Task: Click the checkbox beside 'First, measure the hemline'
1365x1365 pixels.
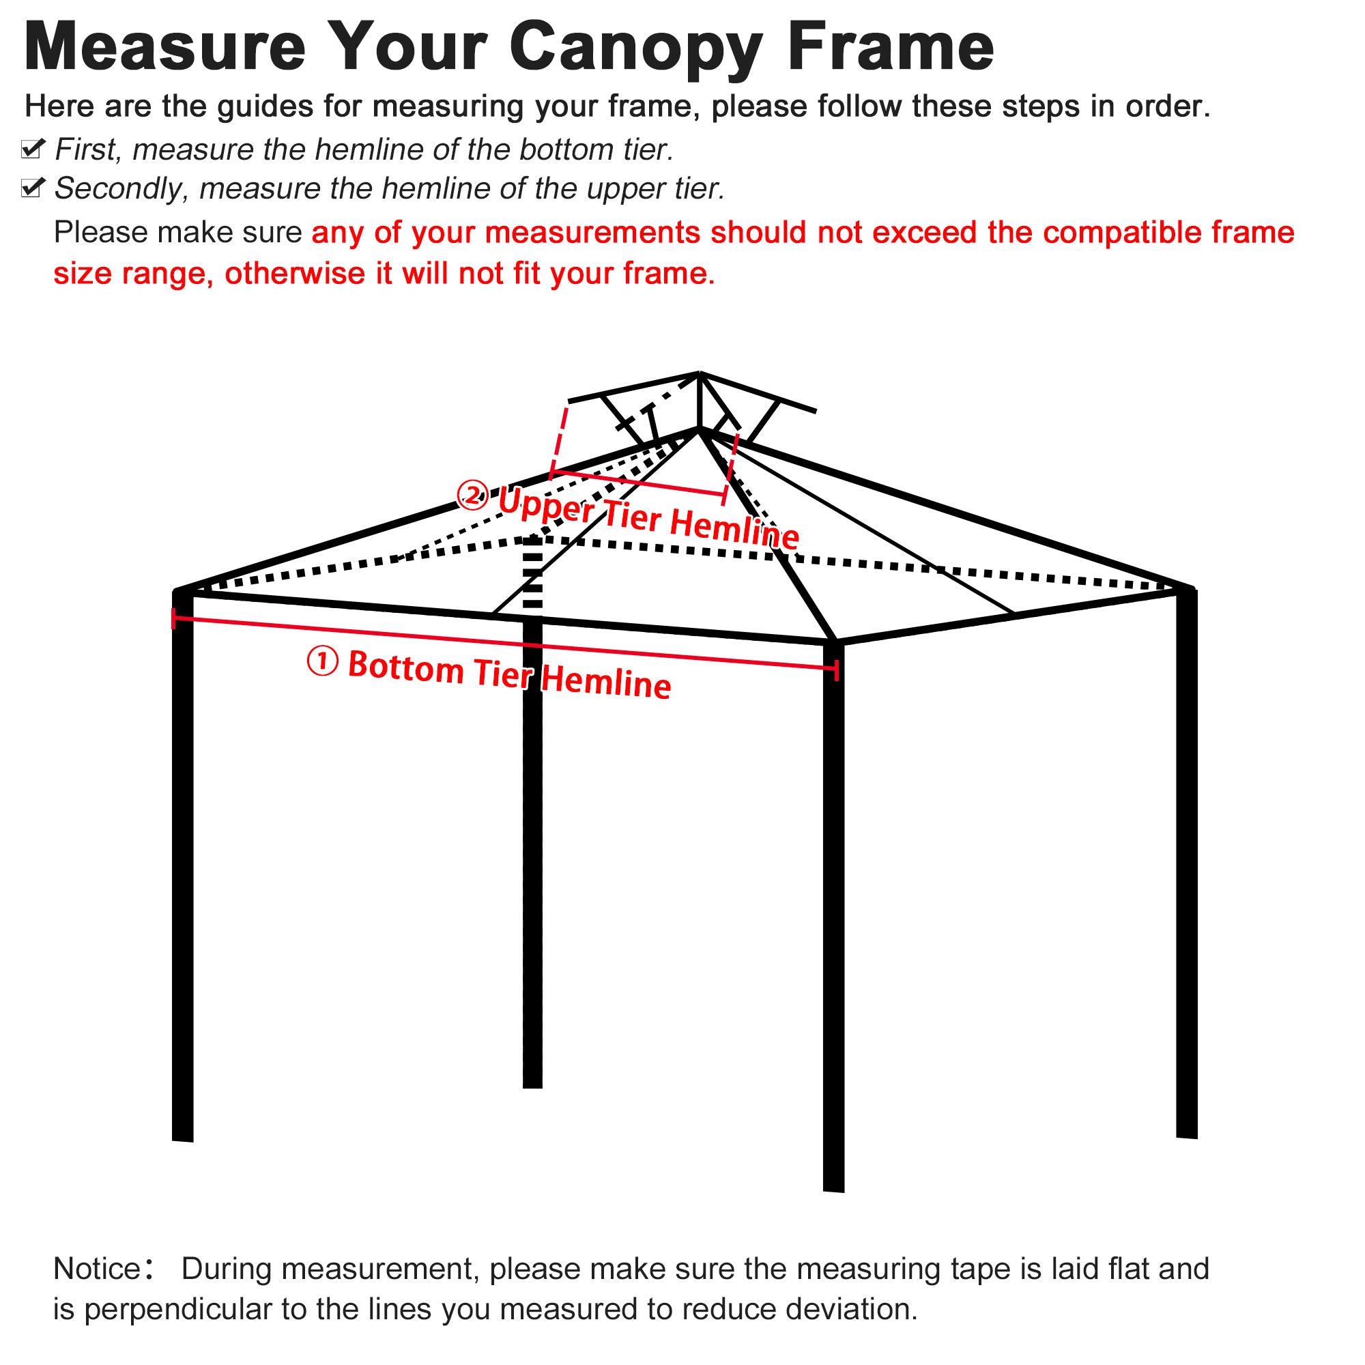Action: click(33, 149)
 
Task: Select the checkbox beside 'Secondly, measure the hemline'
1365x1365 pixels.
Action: click(33, 188)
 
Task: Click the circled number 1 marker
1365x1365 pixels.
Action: click(323, 662)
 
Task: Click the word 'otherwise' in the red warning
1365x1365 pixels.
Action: click(296, 274)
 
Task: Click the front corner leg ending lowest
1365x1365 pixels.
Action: click(834, 919)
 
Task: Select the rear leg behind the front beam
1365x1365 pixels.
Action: click(533, 848)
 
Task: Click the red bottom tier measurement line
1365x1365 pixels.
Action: click(505, 644)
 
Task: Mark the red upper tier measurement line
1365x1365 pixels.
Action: click(639, 483)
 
